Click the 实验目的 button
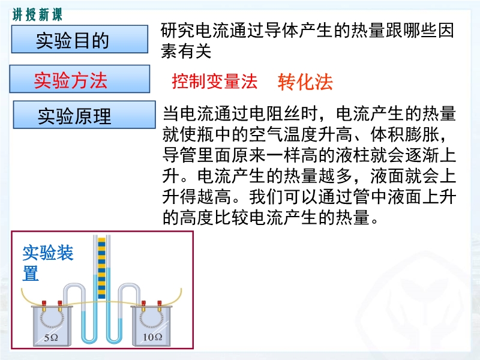click(x=80, y=40)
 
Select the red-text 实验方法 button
click(x=80, y=79)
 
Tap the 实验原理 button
click(x=84, y=115)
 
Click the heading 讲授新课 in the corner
click(x=37, y=14)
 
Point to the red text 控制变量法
click(x=215, y=82)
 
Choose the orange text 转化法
click(x=305, y=82)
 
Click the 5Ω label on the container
click(x=51, y=338)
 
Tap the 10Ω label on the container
click(x=152, y=337)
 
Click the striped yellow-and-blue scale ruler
click(x=101, y=268)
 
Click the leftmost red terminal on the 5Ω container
click(x=44, y=303)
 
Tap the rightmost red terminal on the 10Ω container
click(x=159, y=303)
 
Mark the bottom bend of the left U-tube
click(x=89, y=340)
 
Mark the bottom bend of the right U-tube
click(x=114, y=340)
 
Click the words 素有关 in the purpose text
click(x=186, y=51)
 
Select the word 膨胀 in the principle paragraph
click(x=422, y=134)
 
